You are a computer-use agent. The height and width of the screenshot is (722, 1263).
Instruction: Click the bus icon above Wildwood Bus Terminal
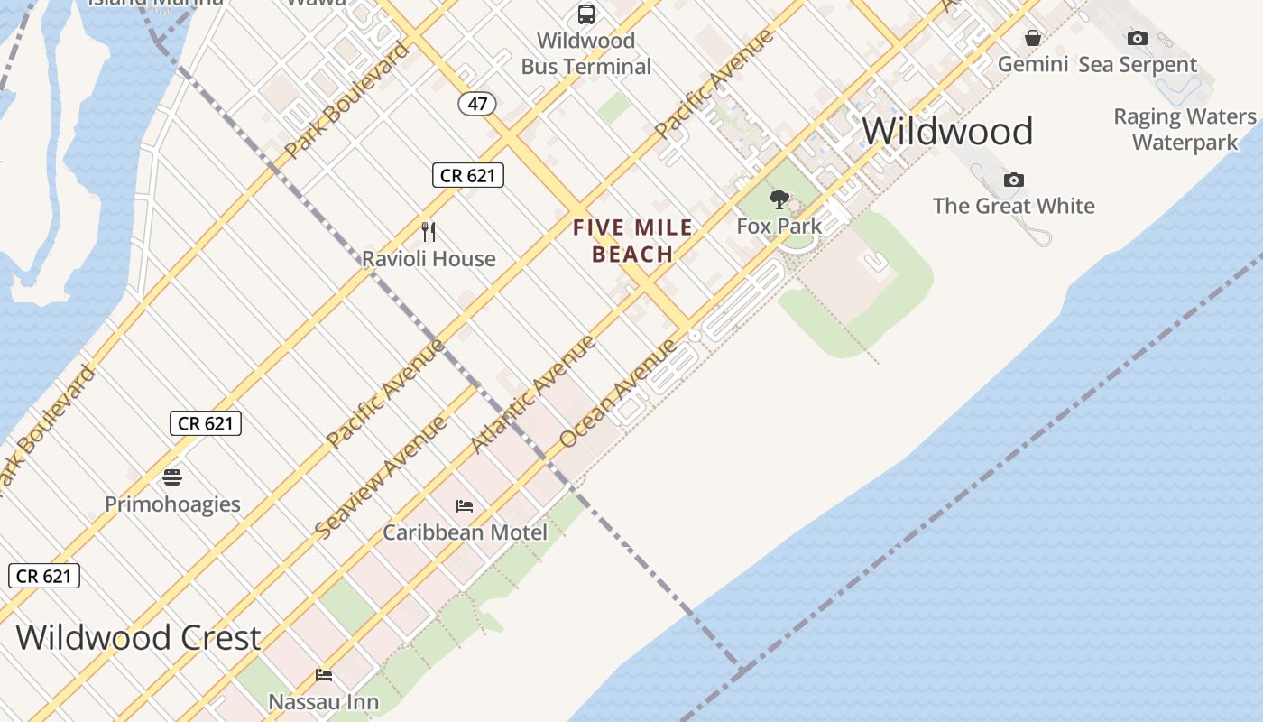(x=586, y=14)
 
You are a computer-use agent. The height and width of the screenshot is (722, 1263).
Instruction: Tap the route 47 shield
(x=477, y=104)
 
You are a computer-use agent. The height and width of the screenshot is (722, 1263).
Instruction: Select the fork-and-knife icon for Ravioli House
(x=429, y=232)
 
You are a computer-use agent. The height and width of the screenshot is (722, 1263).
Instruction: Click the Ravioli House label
(x=429, y=259)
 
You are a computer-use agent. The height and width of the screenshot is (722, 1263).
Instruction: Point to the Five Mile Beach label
(x=633, y=241)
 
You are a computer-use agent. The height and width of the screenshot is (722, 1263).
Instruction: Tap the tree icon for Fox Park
(x=779, y=199)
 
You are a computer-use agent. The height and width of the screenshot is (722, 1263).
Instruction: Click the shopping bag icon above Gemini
(x=1033, y=38)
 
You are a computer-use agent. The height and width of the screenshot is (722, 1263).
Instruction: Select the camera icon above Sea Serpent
(x=1138, y=38)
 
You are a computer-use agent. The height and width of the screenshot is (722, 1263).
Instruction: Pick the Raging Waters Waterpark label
(x=1185, y=130)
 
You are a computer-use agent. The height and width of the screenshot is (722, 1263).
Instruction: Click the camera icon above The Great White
(x=1014, y=180)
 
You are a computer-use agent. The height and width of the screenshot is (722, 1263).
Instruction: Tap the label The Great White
(x=1014, y=206)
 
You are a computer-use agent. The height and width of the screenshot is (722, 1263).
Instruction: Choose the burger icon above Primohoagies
(x=172, y=477)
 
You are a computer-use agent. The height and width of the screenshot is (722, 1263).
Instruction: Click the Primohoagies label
(x=172, y=504)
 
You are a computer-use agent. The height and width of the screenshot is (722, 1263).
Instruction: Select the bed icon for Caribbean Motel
(x=465, y=506)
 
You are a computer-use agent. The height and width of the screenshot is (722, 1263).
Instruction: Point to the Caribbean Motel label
(x=465, y=532)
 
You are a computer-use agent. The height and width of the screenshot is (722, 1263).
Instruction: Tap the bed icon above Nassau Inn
(x=324, y=675)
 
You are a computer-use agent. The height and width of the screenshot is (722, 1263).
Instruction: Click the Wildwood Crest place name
(x=138, y=637)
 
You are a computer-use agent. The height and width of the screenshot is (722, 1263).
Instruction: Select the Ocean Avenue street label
(x=618, y=393)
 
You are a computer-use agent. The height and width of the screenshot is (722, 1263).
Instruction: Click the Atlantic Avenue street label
(x=533, y=393)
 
